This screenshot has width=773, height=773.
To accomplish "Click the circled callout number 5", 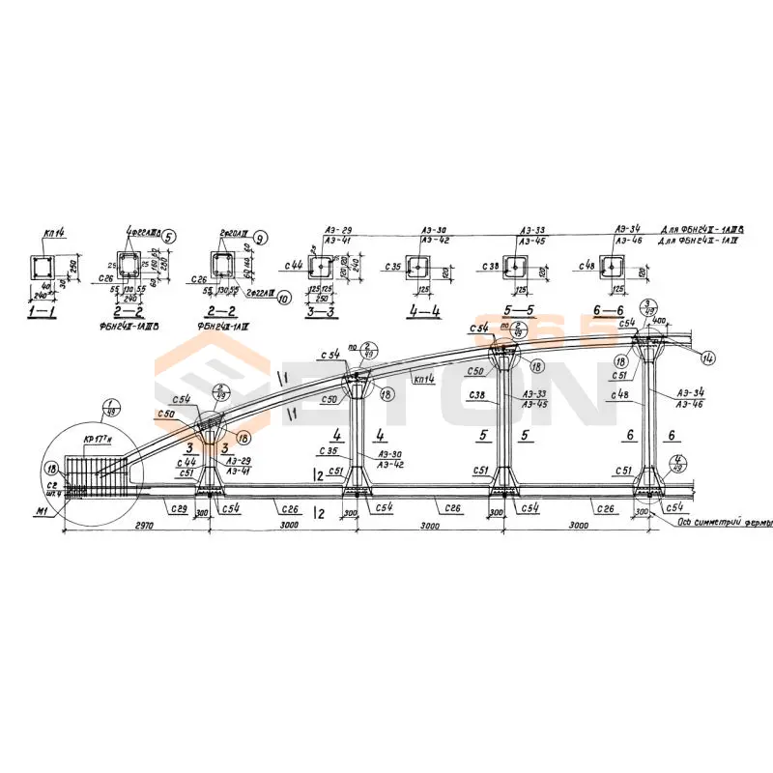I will tap(168, 235).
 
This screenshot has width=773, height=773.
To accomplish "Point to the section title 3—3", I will tap(322, 312).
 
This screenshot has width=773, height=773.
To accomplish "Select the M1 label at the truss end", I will tap(40, 512).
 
